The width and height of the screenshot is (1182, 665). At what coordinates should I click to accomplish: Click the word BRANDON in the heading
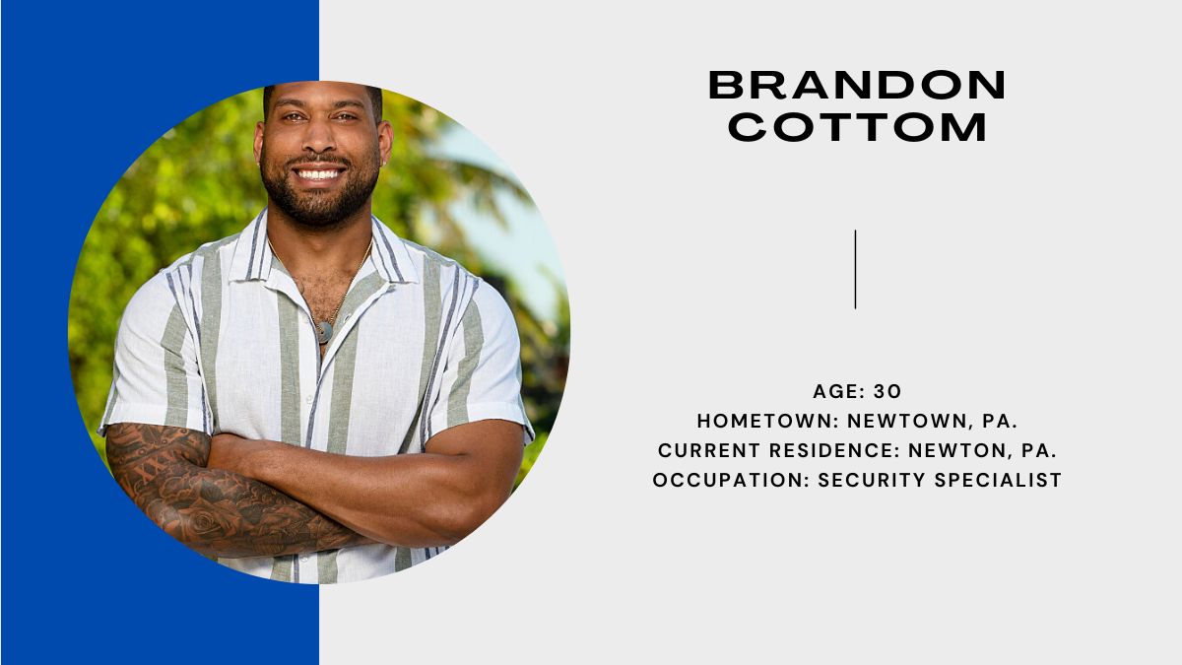coord(857,85)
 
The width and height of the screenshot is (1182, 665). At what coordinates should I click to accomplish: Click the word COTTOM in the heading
coord(857,127)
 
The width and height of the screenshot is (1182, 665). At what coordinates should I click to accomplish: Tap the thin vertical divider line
coord(855,269)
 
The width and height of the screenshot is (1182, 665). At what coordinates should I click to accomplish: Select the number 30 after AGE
coord(887,392)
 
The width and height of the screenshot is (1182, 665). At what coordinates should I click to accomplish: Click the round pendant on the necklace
coord(323,332)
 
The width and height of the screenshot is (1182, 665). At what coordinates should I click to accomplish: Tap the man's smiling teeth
coord(318,174)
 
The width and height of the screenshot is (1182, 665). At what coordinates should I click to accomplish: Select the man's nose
coord(320,140)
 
